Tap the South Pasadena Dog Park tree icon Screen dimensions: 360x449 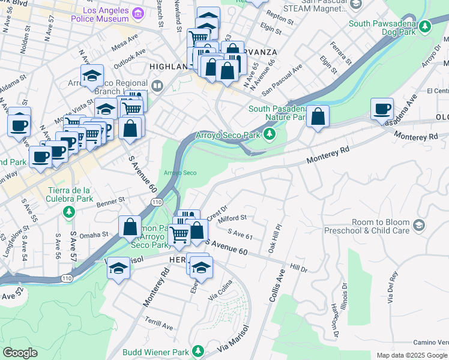[x=426, y=26]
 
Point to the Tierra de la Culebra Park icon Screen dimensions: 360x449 [x=70, y=211]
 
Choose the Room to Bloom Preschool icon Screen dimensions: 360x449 [x=418, y=226]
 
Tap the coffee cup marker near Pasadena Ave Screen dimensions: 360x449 [x=382, y=109]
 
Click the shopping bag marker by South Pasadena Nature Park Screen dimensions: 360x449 [x=318, y=115]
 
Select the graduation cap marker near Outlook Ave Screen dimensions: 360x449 [x=92, y=76]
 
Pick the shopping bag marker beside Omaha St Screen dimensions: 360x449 [x=130, y=227]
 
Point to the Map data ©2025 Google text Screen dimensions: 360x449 [x=412, y=355]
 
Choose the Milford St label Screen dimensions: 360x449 [x=235, y=218]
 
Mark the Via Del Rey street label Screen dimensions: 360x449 [x=393, y=287]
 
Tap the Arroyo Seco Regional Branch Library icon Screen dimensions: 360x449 [x=157, y=86]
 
